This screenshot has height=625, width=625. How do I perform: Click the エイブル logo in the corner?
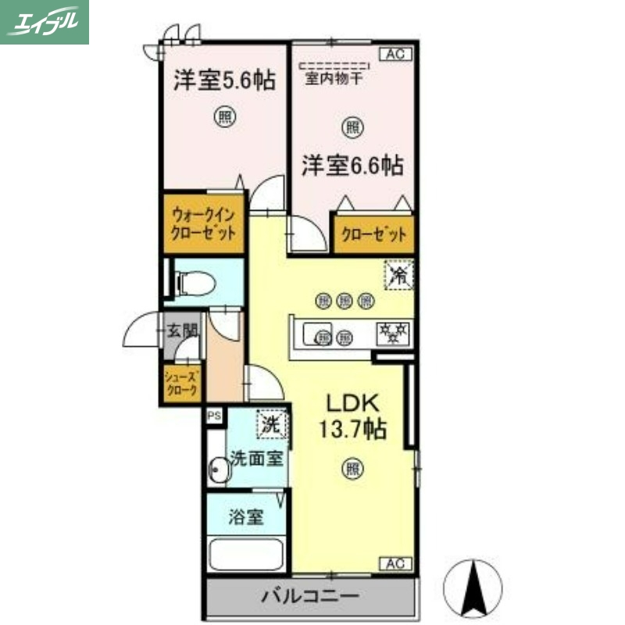45,22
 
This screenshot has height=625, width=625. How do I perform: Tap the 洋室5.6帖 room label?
224,80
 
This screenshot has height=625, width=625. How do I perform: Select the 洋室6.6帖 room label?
353,166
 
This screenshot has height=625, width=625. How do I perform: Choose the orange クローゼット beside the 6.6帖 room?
373,234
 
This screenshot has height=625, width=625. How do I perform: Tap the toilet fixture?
192,281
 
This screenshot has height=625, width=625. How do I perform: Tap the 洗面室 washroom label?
255,459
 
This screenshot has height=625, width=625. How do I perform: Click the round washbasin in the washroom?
218,470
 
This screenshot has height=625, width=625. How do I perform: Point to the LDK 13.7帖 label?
353,416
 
